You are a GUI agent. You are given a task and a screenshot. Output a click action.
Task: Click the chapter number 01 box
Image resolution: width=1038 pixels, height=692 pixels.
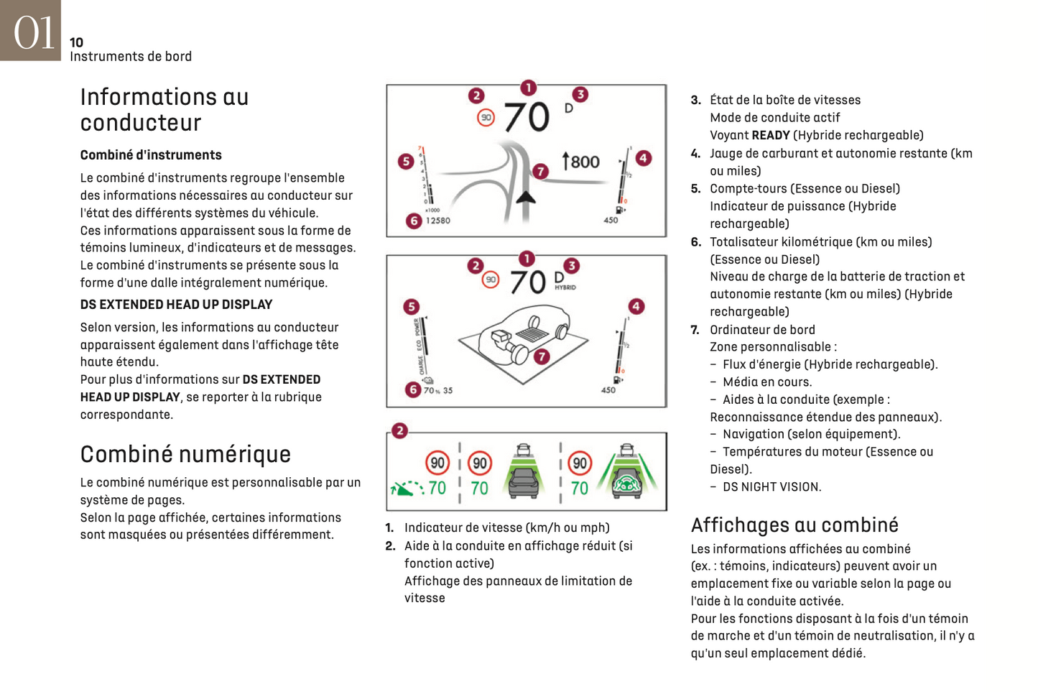click(30, 30)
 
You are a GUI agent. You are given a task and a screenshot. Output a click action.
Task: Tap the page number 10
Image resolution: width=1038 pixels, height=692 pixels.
click(76, 43)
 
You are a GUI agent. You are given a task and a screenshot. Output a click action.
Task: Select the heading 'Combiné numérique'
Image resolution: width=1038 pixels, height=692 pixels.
click(185, 454)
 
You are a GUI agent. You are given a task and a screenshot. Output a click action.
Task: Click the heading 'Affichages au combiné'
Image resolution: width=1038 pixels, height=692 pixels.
click(794, 525)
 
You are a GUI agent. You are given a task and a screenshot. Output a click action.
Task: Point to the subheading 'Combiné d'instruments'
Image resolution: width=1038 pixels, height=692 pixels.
click(151, 155)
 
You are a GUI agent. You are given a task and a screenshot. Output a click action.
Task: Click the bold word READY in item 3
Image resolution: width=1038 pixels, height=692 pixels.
click(770, 135)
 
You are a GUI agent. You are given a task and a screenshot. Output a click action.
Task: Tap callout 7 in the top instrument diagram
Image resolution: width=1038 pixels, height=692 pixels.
click(540, 171)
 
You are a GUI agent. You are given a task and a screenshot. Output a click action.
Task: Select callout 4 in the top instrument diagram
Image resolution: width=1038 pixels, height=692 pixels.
click(644, 158)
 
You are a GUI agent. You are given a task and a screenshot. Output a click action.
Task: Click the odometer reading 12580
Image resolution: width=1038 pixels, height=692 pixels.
click(438, 221)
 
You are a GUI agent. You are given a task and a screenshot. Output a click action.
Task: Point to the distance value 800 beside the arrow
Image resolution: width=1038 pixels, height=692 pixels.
click(585, 162)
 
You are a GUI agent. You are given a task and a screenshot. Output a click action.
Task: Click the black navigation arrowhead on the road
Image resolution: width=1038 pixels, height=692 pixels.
click(526, 197)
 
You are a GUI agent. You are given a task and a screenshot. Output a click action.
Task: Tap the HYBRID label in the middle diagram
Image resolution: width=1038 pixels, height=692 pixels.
click(565, 287)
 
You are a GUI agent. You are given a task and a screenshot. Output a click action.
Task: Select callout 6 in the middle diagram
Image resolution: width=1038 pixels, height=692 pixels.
click(412, 389)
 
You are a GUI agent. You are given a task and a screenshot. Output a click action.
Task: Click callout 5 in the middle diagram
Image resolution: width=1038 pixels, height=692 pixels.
click(411, 307)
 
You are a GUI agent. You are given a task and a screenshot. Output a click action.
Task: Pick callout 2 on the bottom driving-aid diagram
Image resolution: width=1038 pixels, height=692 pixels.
click(399, 430)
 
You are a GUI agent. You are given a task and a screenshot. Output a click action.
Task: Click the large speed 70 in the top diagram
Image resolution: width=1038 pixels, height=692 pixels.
click(527, 117)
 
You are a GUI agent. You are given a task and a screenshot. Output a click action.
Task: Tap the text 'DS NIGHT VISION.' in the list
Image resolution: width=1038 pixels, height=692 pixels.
click(771, 487)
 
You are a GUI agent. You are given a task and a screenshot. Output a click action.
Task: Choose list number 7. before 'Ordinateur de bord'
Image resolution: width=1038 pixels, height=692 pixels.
click(695, 330)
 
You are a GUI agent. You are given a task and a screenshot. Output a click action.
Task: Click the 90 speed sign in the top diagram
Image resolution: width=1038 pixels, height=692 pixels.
click(486, 117)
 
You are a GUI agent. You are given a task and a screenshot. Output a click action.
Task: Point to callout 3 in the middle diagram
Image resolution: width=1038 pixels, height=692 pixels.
click(571, 266)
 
